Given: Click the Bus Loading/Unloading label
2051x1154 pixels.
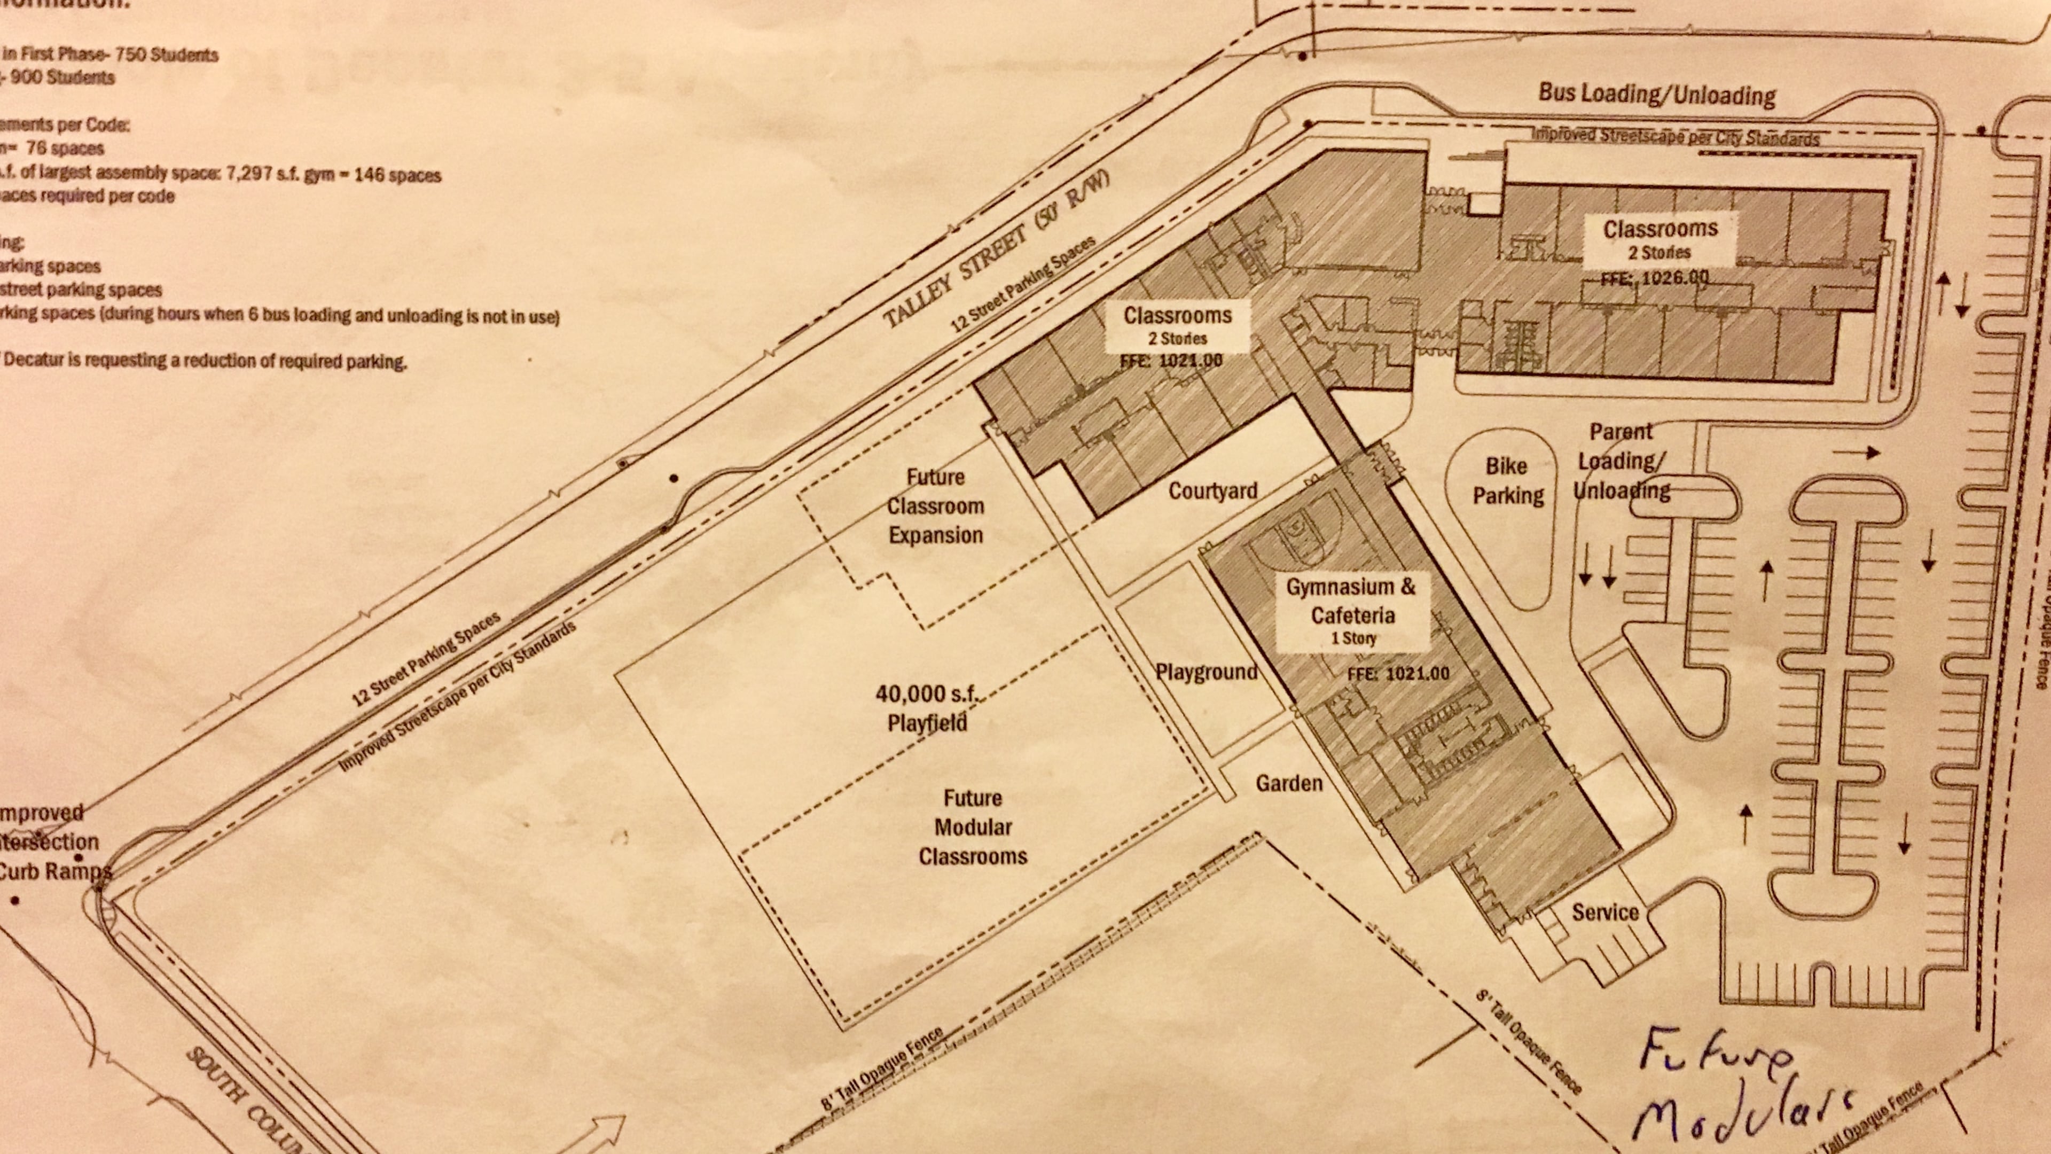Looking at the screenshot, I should tap(1656, 95).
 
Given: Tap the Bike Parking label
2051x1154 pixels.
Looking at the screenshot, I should tap(1507, 481).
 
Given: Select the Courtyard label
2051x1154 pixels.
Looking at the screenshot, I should tap(1212, 490).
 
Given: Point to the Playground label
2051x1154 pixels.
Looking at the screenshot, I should tap(1206, 672).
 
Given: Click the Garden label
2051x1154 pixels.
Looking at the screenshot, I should tap(1289, 783).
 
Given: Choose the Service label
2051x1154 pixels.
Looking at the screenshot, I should tap(1604, 913).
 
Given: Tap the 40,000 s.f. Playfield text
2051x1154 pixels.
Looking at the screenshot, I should tap(928, 708).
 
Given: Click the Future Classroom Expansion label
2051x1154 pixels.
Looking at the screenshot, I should tap(936, 506).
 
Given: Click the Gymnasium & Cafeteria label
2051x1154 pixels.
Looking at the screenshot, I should tap(1352, 601).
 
